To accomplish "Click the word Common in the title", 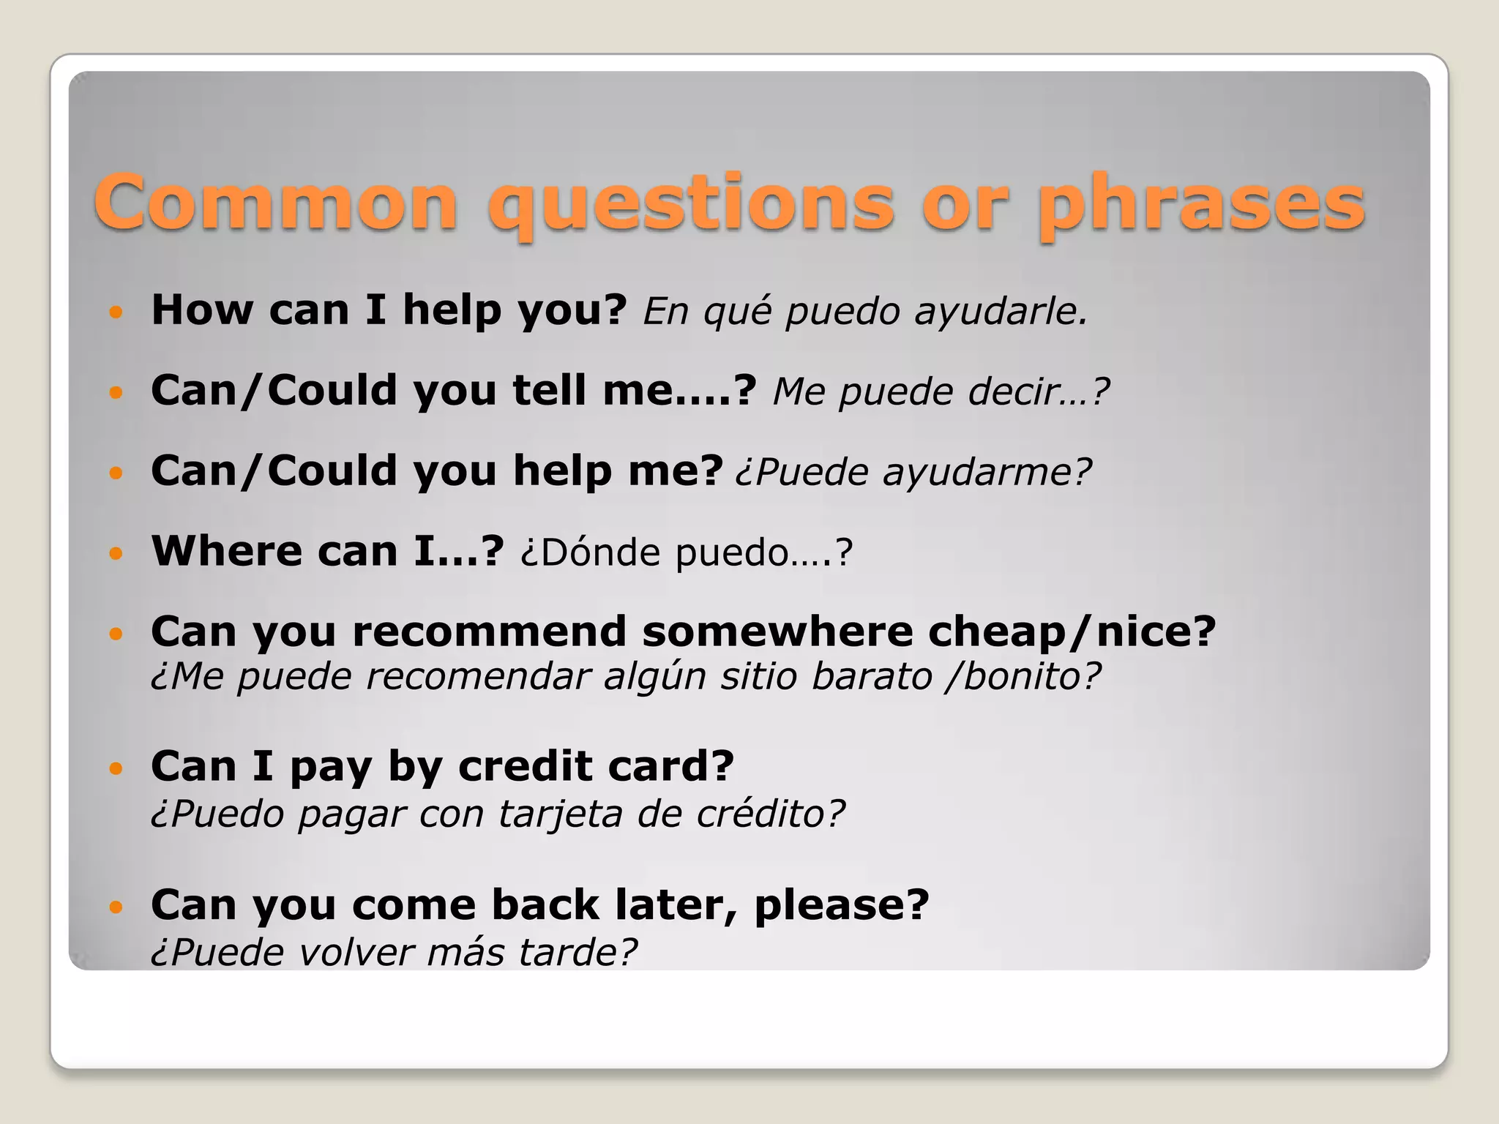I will click(276, 203).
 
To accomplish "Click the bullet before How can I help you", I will click(116, 312).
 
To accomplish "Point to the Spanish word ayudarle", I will click(1001, 312).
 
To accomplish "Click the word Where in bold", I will click(225, 550).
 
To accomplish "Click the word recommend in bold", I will click(489, 632).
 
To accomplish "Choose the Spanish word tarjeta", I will click(560, 814).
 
